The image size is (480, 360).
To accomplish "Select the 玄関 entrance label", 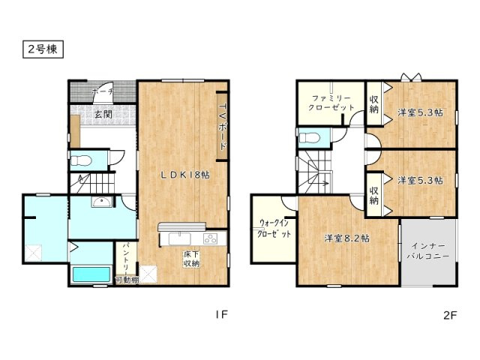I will click(x=103, y=115).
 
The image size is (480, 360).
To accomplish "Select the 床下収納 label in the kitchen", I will click(x=191, y=259).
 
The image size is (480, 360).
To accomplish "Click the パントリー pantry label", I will click(x=126, y=257).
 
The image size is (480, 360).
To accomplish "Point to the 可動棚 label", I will click(x=127, y=280).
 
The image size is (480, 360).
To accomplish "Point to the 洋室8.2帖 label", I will click(x=346, y=238).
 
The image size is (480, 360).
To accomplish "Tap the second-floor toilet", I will click(x=309, y=136).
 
